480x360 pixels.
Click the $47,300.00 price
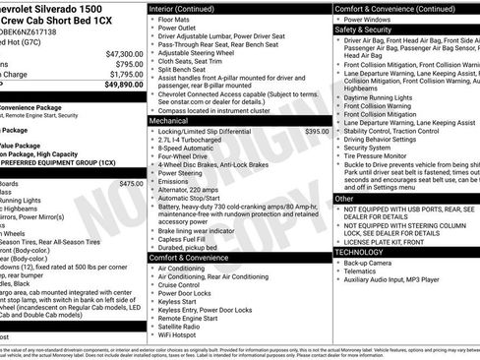point(124,53)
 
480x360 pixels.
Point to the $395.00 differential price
point(317,131)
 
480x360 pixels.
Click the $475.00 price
point(130,183)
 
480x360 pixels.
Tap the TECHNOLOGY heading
point(361,253)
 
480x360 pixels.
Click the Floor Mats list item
point(178,19)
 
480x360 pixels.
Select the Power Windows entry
point(371,19)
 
